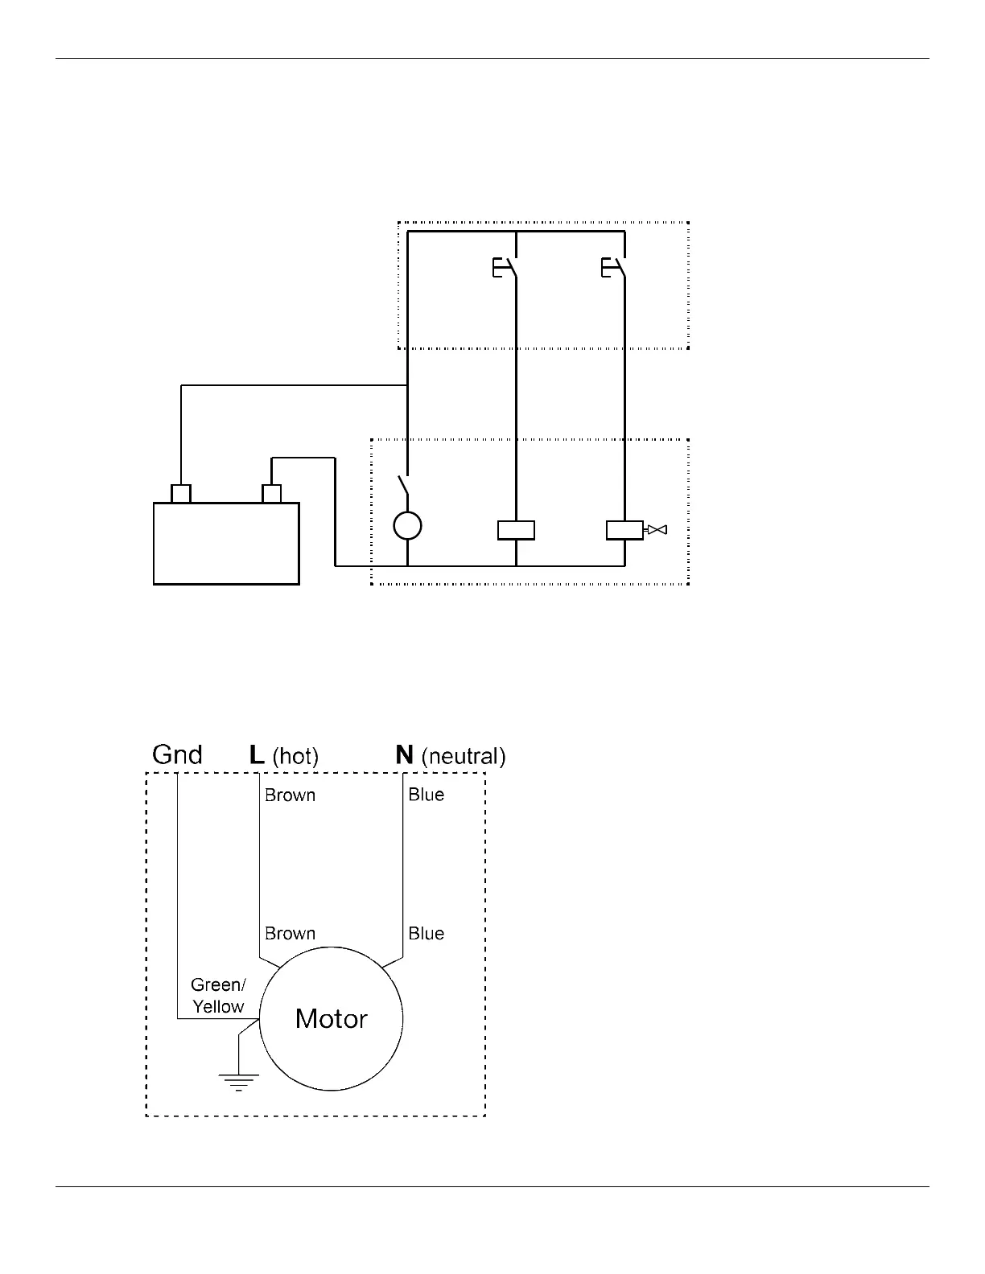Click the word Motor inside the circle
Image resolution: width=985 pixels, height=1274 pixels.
(331, 1019)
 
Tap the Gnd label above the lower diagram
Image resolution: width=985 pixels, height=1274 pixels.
(177, 754)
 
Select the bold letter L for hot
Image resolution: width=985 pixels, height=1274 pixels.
(257, 754)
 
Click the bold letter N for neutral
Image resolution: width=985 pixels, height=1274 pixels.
(404, 754)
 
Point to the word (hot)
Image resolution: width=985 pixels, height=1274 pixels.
(295, 756)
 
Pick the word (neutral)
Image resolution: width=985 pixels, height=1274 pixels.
(463, 756)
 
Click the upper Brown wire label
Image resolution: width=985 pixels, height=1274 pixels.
(290, 795)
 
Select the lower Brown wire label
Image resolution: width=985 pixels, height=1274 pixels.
(290, 934)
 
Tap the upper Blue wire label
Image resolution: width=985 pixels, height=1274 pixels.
(426, 795)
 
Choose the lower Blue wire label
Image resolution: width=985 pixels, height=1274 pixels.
(426, 934)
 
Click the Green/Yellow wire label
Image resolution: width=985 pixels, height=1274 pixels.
(218, 996)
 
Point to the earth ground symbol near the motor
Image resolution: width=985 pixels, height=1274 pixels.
(239, 1080)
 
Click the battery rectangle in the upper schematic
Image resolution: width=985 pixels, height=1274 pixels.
(226, 543)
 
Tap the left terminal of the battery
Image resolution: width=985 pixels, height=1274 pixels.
(181, 493)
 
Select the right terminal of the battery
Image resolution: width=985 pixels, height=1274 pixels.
(272, 493)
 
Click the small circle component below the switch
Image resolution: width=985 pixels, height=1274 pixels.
(407, 526)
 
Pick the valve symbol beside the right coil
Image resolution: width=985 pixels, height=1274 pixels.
(657, 530)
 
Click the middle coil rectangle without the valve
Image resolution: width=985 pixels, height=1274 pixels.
(516, 530)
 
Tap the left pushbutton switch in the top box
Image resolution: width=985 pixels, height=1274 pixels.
(505, 268)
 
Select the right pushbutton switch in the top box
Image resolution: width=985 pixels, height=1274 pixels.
(613, 268)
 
